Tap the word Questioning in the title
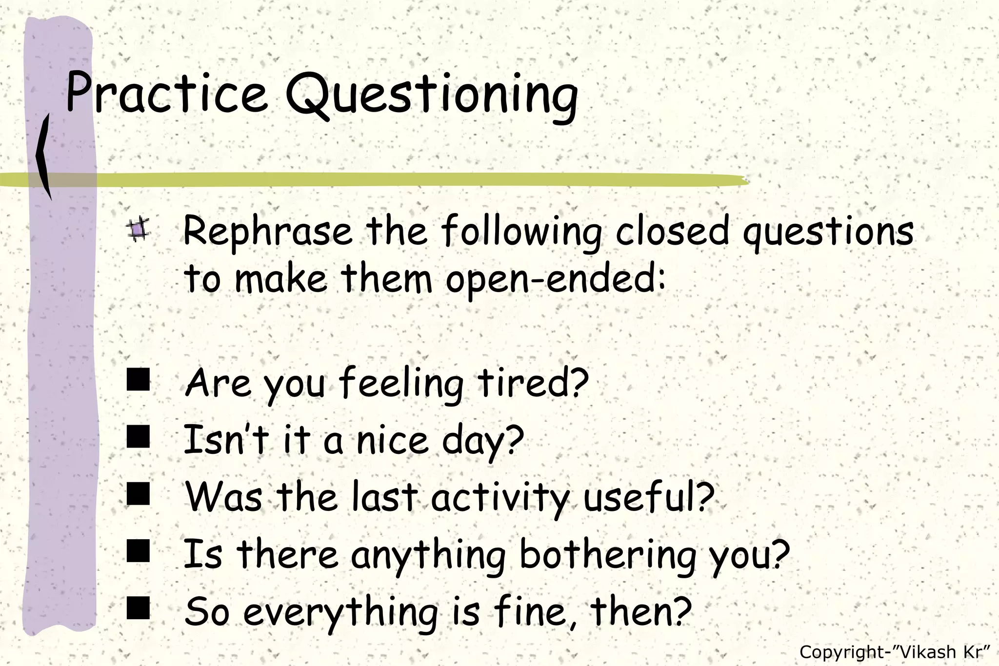pos(432,95)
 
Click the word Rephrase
pos(267,231)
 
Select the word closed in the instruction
pos(672,231)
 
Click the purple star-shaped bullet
pos(138,229)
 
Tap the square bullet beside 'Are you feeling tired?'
pos(138,380)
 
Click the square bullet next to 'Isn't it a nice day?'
pos(138,436)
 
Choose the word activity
pos(499,497)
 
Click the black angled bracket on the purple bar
pos(44,156)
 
